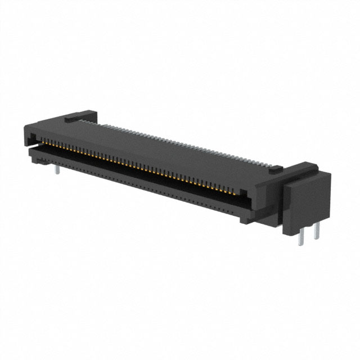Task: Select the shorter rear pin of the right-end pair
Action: pos(317,230)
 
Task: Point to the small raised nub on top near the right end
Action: pos(275,168)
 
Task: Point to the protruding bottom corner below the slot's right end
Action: pos(247,218)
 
